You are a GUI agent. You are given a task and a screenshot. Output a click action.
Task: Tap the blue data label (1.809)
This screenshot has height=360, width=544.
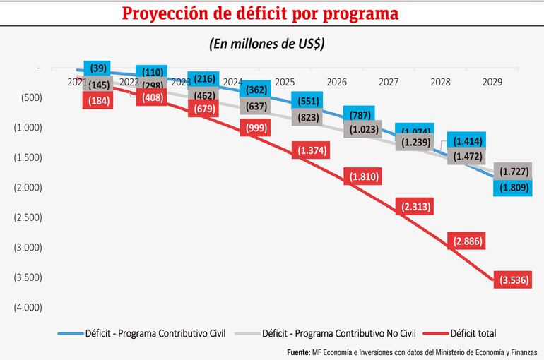click(514, 188)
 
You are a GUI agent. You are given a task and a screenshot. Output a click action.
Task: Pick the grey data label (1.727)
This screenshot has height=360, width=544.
click(514, 172)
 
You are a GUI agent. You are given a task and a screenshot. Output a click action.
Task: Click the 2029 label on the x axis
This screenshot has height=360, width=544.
click(492, 83)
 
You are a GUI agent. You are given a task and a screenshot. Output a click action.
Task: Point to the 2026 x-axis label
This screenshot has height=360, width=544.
click(337, 83)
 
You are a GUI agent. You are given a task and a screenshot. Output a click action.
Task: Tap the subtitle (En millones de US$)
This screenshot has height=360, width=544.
click(271, 43)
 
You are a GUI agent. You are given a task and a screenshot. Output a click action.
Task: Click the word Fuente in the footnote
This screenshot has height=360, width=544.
click(297, 352)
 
